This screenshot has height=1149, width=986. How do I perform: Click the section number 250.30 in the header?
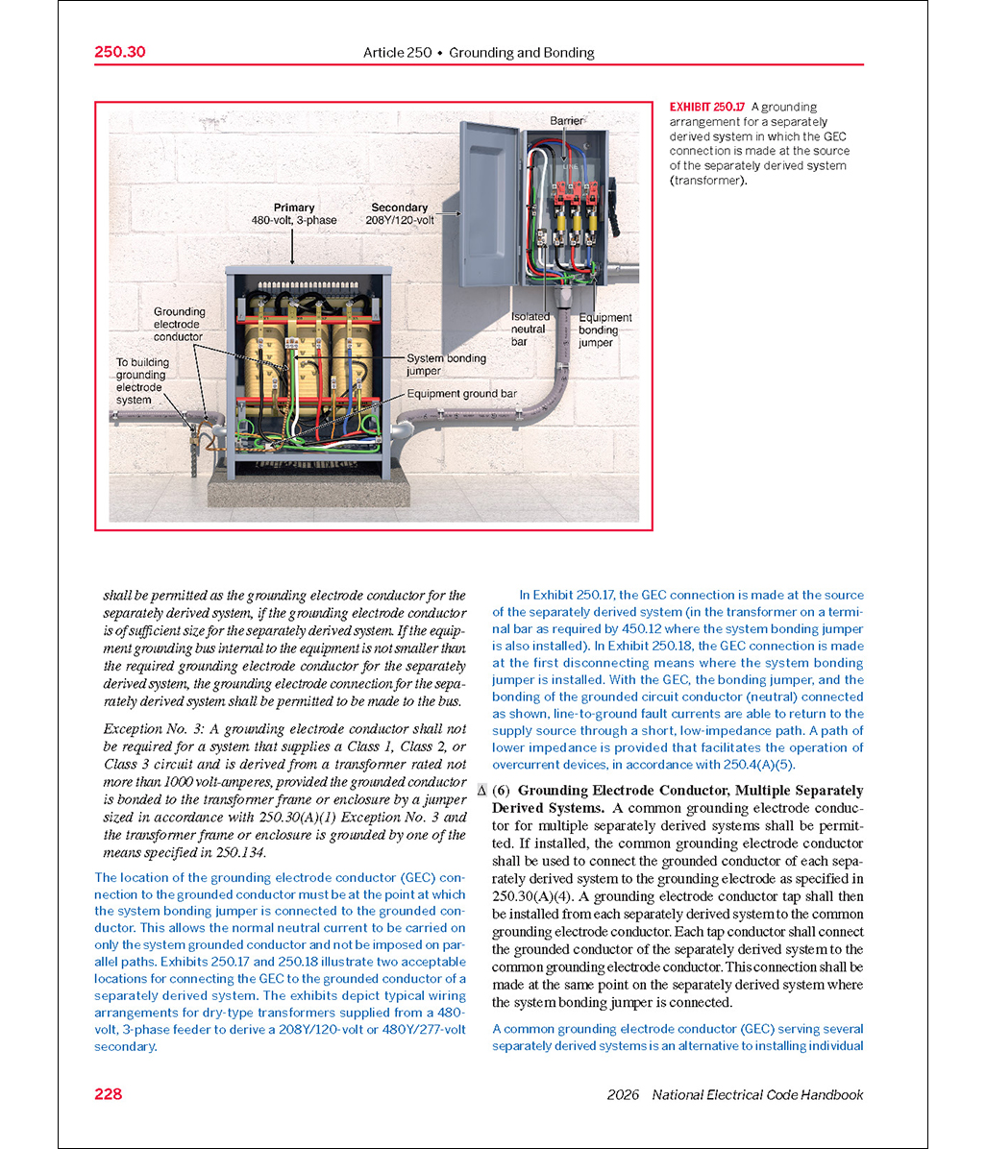(x=120, y=52)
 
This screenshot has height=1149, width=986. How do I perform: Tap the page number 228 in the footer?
(x=109, y=1094)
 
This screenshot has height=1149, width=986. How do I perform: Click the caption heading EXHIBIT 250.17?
(x=706, y=107)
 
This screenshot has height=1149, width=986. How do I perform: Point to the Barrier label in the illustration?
(x=566, y=121)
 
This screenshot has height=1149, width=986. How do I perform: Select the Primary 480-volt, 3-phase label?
(x=293, y=213)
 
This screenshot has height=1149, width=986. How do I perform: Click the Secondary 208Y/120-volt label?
(x=399, y=213)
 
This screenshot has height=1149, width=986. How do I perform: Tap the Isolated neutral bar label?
(x=530, y=329)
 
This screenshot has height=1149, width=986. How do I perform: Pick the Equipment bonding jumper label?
(x=604, y=330)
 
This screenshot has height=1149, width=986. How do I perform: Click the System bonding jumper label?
(x=446, y=364)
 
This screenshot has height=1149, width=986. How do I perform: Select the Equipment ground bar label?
(x=461, y=394)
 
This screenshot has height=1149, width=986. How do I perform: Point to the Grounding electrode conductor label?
(x=179, y=325)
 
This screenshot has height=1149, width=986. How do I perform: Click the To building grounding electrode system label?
(x=142, y=380)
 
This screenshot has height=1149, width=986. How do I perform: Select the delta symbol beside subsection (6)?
(x=482, y=791)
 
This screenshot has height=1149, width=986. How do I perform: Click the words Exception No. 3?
(x=148, y=729)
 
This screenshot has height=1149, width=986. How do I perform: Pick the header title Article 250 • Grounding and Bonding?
(x=479, y=53)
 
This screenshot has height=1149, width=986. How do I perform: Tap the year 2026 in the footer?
(x=625, y=1095)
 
